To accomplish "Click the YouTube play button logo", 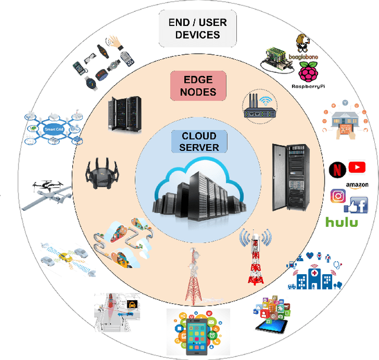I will [357, 168].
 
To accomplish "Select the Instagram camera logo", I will [338, 196].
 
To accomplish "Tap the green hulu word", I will [342, 222].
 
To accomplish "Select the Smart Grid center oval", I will [52, 128].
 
